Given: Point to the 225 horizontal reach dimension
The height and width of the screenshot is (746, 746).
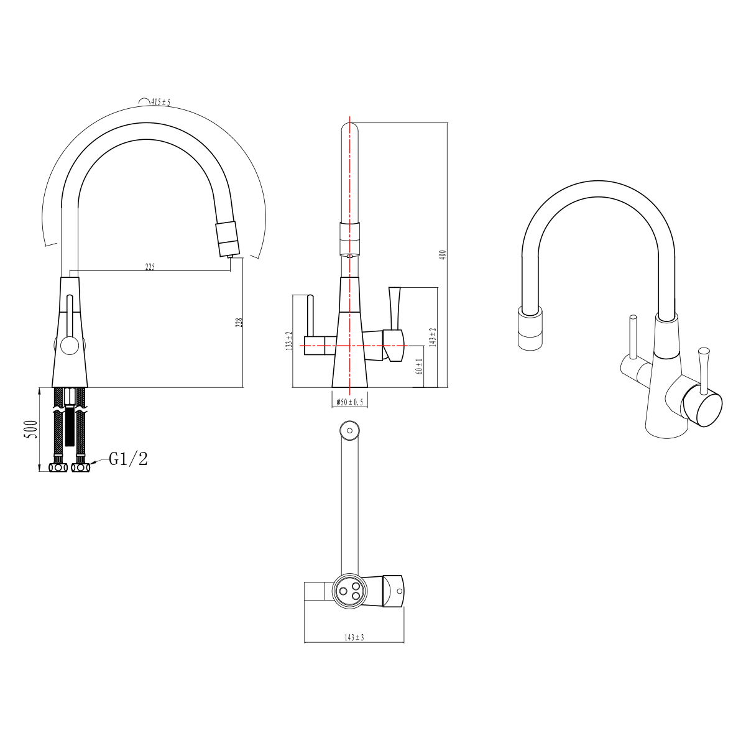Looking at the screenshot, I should point(150,267).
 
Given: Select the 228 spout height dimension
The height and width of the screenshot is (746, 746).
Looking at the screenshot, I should point(239,322).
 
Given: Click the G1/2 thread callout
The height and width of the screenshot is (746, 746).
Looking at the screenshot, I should point(129,459).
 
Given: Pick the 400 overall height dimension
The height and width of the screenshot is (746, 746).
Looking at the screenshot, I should point(443,255).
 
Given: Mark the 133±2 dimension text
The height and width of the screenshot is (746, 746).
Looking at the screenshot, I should point(288,341).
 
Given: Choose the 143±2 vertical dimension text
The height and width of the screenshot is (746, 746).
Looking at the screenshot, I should point(433,337).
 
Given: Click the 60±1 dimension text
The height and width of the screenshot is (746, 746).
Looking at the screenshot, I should point(420,367).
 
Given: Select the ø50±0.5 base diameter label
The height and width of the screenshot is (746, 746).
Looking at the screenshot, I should point(349,402).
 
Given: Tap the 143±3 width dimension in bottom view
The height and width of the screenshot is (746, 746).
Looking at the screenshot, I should point(354,637).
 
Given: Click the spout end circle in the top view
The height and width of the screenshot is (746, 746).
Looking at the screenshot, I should point(349,430).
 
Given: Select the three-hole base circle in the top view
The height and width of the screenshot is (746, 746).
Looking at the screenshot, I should point(349,590).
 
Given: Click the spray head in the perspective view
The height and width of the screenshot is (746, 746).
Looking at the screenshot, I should point(530,329).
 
